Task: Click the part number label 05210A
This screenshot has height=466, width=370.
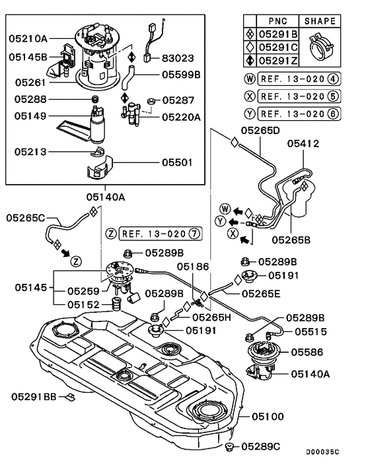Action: (28, 39)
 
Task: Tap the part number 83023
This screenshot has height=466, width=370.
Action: (178, 58)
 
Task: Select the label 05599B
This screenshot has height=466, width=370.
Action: (181, 75)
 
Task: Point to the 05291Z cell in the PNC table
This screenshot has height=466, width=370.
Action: (278, 61)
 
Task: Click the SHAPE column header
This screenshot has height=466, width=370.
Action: (320, 21)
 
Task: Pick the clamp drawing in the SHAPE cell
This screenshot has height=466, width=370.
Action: (320, 47)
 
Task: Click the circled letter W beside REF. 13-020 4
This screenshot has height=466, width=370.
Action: (250, 79)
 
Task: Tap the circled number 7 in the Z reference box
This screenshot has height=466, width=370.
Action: (194, 234)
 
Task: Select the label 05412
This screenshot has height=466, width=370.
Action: (303, 144)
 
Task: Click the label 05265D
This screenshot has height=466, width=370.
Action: (260, 131)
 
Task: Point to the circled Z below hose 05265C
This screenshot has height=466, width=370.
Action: (76, 262)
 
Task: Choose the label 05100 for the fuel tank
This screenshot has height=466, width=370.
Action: (268, 416)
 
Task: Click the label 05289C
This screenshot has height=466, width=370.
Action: (260, 447)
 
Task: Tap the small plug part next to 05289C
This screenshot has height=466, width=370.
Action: (230, 447)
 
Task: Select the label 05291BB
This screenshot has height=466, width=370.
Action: (34, 397)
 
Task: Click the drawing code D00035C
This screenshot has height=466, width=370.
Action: (322, 452)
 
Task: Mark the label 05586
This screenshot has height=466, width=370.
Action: (307, 352)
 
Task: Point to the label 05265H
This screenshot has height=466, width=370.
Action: (211, 317)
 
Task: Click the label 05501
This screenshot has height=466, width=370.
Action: (177, 162)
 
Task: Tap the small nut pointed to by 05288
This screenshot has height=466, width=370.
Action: (95, 99)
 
